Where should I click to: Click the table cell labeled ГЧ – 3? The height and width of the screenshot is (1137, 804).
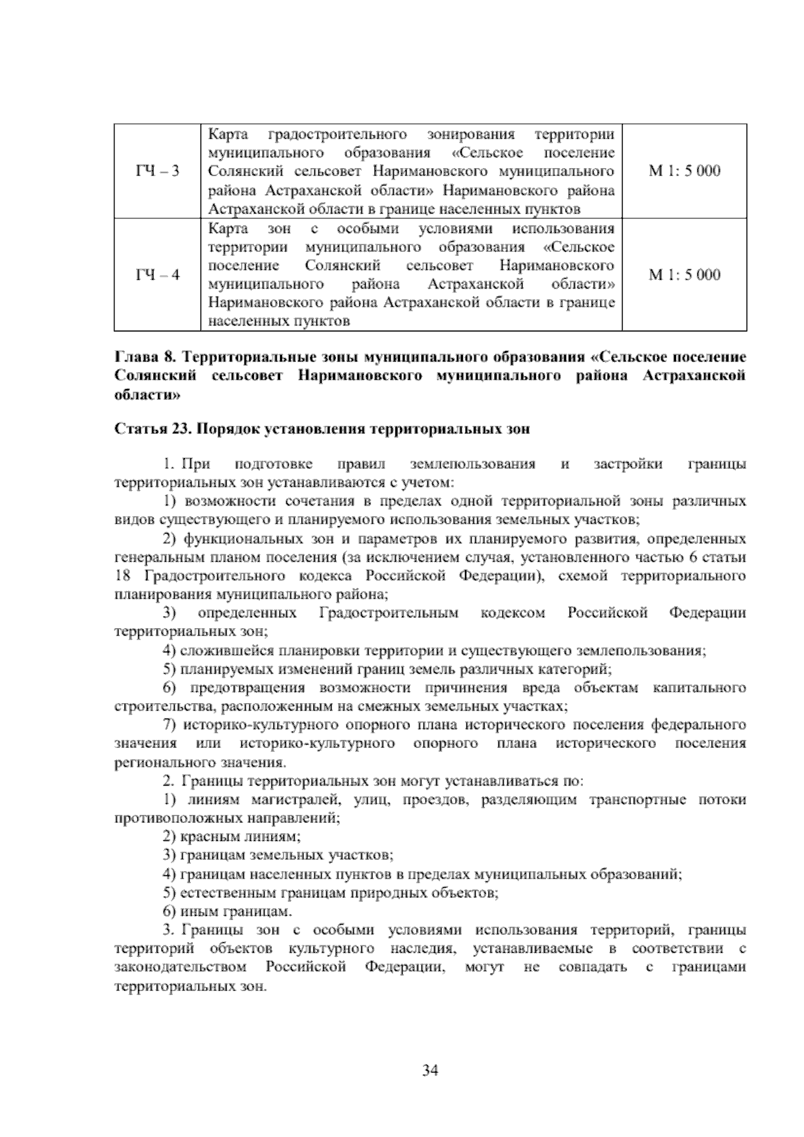pyautogui.click(x=157, y=171)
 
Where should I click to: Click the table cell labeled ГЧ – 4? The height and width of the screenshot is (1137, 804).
pyautogui.click(x=157, y=275)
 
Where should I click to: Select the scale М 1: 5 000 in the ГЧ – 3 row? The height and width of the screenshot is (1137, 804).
pyautogui.click(x=684, y=171)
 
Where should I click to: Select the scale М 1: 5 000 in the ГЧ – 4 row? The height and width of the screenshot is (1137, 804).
pyautogui.click(x=684, y=275)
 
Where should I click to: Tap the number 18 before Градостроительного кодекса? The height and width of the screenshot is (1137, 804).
pyautogui.click(x=123, y=577)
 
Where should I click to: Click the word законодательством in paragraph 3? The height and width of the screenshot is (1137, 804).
pyautogui.click(x=180, y=967)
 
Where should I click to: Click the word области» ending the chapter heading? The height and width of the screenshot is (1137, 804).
pyautogui.click(x=147, y=395)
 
